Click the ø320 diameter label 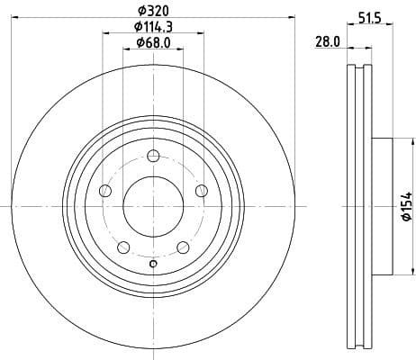pos(152,12)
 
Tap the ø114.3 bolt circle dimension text pos(152,27)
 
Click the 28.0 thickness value pos(327,40)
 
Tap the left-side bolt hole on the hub pos(105,190)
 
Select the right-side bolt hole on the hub pos(201,189)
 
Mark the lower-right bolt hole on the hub pos(183,246)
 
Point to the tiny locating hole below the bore pos(153,263)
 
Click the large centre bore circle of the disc pos(152,205)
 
